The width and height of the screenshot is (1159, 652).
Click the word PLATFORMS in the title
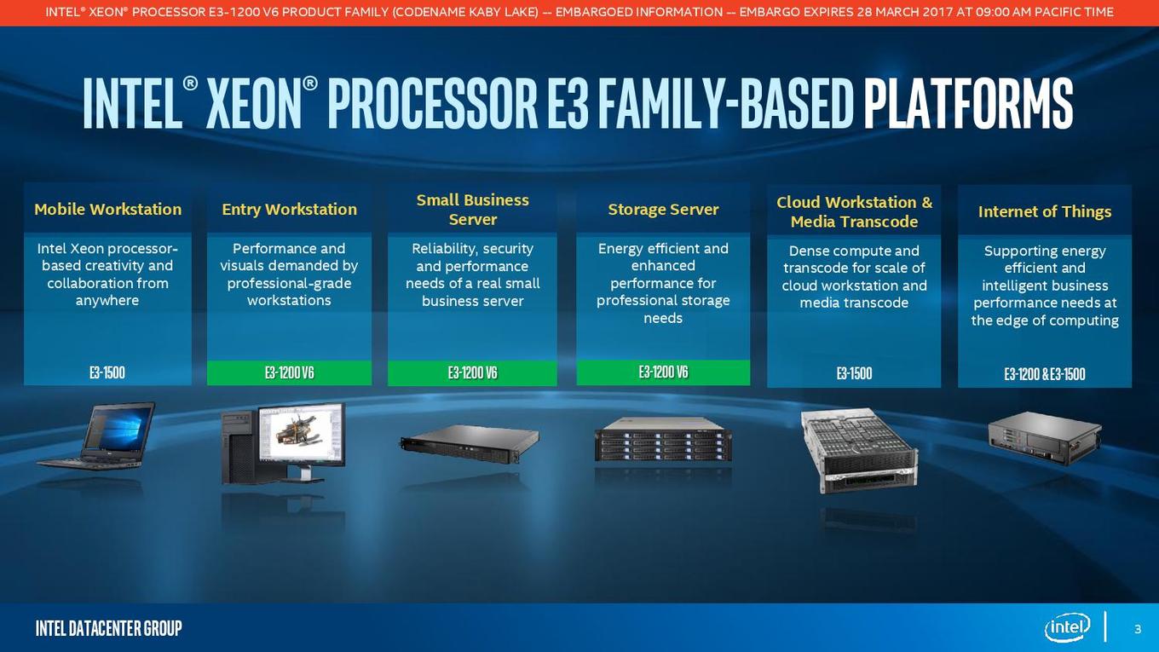click(x=968, y=103)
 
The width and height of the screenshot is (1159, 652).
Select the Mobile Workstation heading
click(x=107, y=210)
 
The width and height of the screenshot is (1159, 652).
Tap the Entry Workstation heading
click(x=289, y=210)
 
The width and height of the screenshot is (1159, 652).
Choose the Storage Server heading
click(x=663, y=210)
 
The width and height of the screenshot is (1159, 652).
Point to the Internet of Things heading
click(x=1045, y=211)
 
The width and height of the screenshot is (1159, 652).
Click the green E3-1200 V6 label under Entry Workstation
click(x=289, y=373)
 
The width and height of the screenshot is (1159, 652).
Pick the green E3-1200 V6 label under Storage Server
click(x=663, y=372)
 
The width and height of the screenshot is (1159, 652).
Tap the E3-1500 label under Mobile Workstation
click(x=107, y=373)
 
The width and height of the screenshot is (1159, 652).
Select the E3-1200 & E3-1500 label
click(x=1045, y=374)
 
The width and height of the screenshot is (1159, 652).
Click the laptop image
click(x=96, y=436)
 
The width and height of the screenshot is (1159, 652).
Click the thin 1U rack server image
click(x=470, y=443)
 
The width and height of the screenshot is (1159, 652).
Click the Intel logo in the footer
click(x=1067, y=628)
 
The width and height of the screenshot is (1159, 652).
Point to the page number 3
click(x=1138, y=629)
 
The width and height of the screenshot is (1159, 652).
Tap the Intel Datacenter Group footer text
click(x=109, y=628)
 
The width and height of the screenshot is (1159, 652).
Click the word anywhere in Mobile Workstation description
click(x=107, y=301)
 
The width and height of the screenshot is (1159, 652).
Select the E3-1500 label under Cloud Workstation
click(x=854, y=373)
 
